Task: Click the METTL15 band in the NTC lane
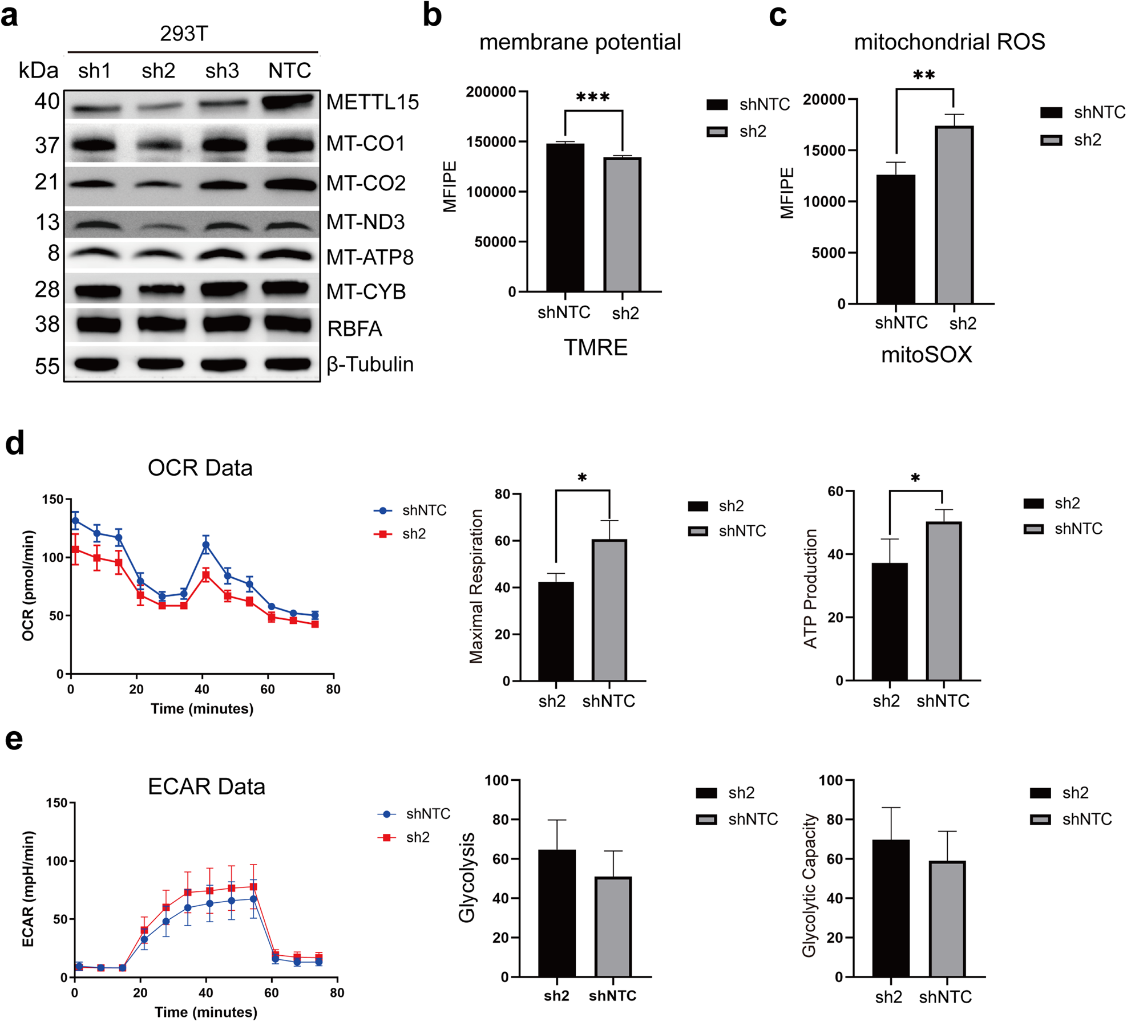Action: click(x=288, y=103)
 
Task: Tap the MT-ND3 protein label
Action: click(x=365, y=222)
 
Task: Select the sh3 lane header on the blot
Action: click(x=222, y=71)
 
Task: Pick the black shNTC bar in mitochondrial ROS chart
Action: click(x=895, y=239)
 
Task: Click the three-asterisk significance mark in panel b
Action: click(x=593, y=98)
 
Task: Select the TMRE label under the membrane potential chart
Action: click(x=596, y=347)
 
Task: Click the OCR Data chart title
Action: click(x=200, y=468)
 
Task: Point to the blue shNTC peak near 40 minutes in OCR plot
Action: click(x=206, y=545)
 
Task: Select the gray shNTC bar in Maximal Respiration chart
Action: click(x=609, y=610)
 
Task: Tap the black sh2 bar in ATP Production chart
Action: click(x=889, y=621)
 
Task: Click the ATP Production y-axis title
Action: click(x=810, y=589)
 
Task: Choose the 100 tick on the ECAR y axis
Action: click(x=57, y=861)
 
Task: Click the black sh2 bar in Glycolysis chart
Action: click(x=556, y=913)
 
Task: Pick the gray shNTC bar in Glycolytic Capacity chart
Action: click(x=947, y=919)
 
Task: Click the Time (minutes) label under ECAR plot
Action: click(x=205, y=1012)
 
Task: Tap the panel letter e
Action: click(x=14, y=740)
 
